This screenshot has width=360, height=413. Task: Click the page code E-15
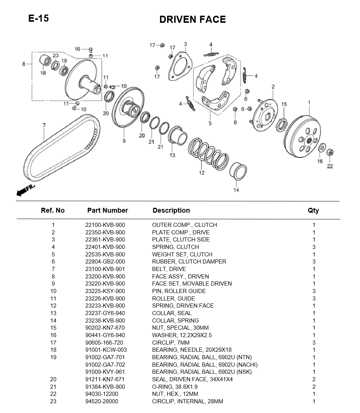pos(38,18)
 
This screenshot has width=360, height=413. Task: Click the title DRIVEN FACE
pos(193,19)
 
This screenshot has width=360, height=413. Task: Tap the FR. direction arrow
pos(25,190)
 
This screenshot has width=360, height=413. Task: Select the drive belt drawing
pos(62,148)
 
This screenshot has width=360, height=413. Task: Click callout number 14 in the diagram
pos(236,190)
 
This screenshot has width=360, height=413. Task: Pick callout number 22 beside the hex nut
pos(330,166)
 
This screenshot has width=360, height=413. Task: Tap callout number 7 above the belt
pos(44,126)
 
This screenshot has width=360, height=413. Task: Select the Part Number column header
pos(108,210)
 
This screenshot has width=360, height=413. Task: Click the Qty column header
pos(313,210)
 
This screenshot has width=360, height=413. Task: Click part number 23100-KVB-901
pos(105,269)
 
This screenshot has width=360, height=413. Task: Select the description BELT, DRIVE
pos(169,269)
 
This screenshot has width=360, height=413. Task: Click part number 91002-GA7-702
pos(105,364)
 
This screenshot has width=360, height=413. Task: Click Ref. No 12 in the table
pos(53,306)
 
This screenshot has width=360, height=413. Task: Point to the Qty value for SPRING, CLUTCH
pos(314,247)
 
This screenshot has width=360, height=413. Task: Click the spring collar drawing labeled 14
pos(238,172)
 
